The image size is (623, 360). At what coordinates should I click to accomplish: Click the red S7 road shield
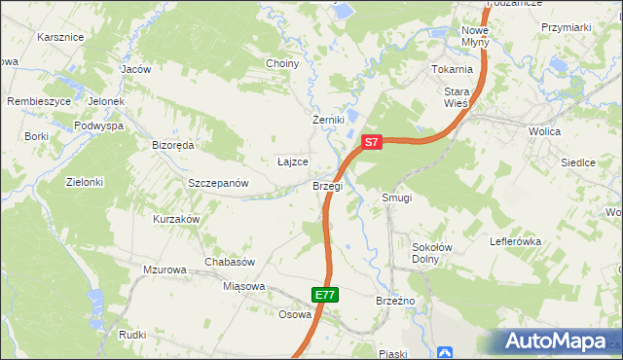pos(371,142)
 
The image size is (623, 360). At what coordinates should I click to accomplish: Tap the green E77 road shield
pos(325,295)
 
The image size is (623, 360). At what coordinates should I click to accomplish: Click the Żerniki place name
pos(329,120)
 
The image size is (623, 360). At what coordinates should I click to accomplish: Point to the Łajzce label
pos(293,162)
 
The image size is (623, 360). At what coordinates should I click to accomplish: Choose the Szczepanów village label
pos(219,183)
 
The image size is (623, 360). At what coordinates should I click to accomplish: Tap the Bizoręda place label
pos(173,145)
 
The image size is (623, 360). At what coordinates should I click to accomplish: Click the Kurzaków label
pos(176,220)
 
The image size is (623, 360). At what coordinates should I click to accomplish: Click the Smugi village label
pos(397,198)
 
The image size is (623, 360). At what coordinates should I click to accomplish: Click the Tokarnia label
pos(453,70)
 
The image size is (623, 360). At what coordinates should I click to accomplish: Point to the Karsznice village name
pos(60,37)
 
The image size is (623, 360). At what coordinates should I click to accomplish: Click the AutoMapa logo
pos(555,342)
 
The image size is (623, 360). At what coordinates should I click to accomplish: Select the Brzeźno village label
pos(396,302)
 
